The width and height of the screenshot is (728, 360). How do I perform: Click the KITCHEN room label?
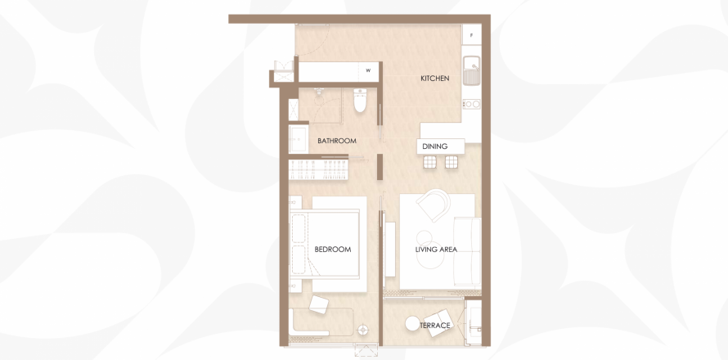[x=434, y=79]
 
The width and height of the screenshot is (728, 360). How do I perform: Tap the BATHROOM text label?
[x=337, y=141]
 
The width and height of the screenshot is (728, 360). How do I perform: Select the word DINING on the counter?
[x=434, y=146]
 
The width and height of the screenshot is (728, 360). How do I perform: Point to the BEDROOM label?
[x=332, y=250]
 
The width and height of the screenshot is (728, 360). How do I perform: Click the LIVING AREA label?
[x=436, y=250]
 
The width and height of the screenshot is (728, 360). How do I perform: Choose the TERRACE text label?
[x=435, y=326]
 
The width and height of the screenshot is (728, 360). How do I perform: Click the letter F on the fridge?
[x=471, y=35]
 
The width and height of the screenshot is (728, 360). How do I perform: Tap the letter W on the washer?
[x=368, y=70]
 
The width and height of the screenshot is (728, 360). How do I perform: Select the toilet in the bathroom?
[x=360, y=101]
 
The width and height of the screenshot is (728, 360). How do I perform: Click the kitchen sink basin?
[x=472, y=70]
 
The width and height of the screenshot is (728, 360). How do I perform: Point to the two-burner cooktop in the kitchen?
[x=471, y=104]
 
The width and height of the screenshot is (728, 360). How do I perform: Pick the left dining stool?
[x=429, y=162]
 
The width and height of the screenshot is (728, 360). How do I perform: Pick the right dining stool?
[x=452, y=162]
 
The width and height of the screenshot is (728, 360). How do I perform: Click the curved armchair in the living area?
[x=434, y=205]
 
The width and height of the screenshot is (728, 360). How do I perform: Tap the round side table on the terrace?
[x=412, y=323]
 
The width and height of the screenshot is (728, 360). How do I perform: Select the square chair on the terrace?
[x=438, y=323]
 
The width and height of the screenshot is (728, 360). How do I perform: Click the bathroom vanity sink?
[x=298, y=138]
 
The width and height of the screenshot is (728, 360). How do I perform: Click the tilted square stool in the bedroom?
[x=319, y=304]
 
